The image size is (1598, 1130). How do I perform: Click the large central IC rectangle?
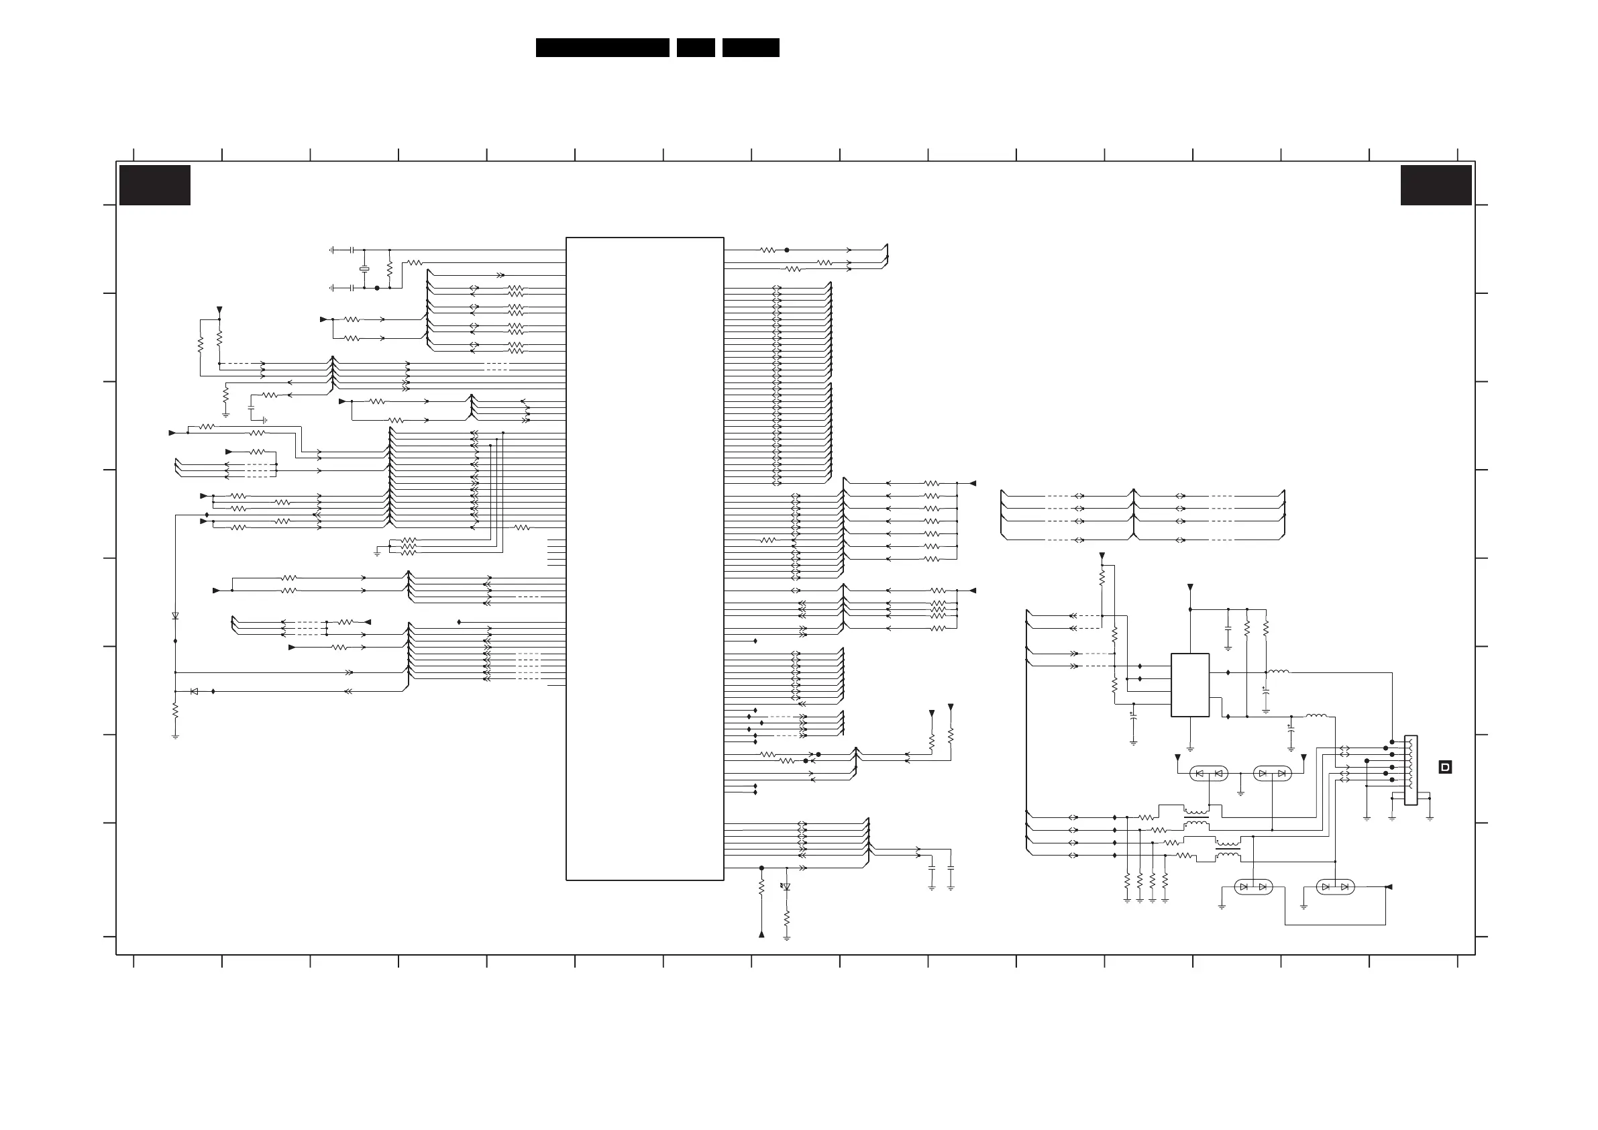pyautogui.click(x=645, y=558)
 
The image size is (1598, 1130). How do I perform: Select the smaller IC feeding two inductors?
pyautogui.click(x=1189, y=684)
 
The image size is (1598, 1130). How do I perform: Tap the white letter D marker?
pyautogui.click(x=1445, y=767)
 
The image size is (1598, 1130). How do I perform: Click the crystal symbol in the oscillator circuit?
pyautogui.click(x=364, y=269)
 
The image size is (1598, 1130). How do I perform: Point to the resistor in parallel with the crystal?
pyautogui.click(x=390, y=269)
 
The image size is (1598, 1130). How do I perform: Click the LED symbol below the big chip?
pyautogui.click(x=786, y=887)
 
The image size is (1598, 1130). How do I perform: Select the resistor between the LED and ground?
pyautogui.click(x=786, y=918)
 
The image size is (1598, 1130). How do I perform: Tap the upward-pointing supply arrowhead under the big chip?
pyautogui.click(x=761, y=933)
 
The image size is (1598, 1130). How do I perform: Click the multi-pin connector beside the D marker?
pyautogui.click(x=1411, y=770)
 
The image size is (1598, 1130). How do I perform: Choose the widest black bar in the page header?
pyautogui.click(x=602, y=48)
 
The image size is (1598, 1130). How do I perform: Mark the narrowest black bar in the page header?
pyautogui.click(x=695, y=48)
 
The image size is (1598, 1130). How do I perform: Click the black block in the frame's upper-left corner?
pyautogui.click(x=154, y=185)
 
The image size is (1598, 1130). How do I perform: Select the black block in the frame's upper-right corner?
pyautogui.click(x=1436, y=185)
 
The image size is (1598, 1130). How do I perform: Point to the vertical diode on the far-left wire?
pyautogui.click(x=175, y=616)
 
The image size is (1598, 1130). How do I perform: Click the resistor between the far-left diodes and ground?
pyautogui.click(x=175, y=710)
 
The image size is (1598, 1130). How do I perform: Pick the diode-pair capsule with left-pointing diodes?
pyautogui.click(x=1209, y=774)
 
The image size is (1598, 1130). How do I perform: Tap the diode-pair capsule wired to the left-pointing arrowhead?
pyautogui.click(x=1335, y=887)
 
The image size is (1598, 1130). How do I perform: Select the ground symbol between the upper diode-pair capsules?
pyautogui.click(x=1240, y=792)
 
